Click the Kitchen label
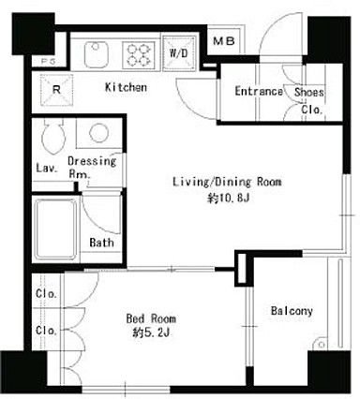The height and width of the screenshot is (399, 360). pyautogui.click(x=126, y=87)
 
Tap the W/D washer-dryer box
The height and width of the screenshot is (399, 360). pyautogui.click(x=179, y=52)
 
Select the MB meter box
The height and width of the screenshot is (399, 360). pyautogui.click(x=224, y=41)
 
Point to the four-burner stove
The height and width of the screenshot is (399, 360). pyautogui.click(x=139, y=54)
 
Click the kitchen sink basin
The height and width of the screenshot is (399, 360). pyautogui.click(x=96, y=54)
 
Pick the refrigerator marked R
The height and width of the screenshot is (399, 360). pyautogui.click(x=56, y=90)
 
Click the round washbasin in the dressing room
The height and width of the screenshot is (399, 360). pyautogui.click(x=98, y=133)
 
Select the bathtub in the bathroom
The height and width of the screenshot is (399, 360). pyautogui.click(x=55, y=229)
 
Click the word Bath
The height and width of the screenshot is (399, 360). pyautogui.click(x=101, y=243)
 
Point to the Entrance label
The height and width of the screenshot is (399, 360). pyautogui.click(x=259, y=91)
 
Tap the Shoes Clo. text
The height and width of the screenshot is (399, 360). pyautogui.click(x=308, y=100)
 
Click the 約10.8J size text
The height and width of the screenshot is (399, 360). pyautogui.click(x=228, y=198)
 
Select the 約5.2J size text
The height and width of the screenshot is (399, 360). pyautogui.click(x=151, y=333)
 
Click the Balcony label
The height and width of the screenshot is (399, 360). pyautogui.click(x=292, y=311)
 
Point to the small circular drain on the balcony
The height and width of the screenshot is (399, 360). pyautogui.click(x=322, y=345)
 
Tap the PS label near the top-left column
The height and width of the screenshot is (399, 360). pyautogui.click(x=49, y=62)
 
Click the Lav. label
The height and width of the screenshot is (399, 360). pyautogui.click(x=47, y=168)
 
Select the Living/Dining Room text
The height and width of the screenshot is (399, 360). pyautogui.click(x=227, y=182)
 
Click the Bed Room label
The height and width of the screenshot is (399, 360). pyautogui.click(x=151, y=318)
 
